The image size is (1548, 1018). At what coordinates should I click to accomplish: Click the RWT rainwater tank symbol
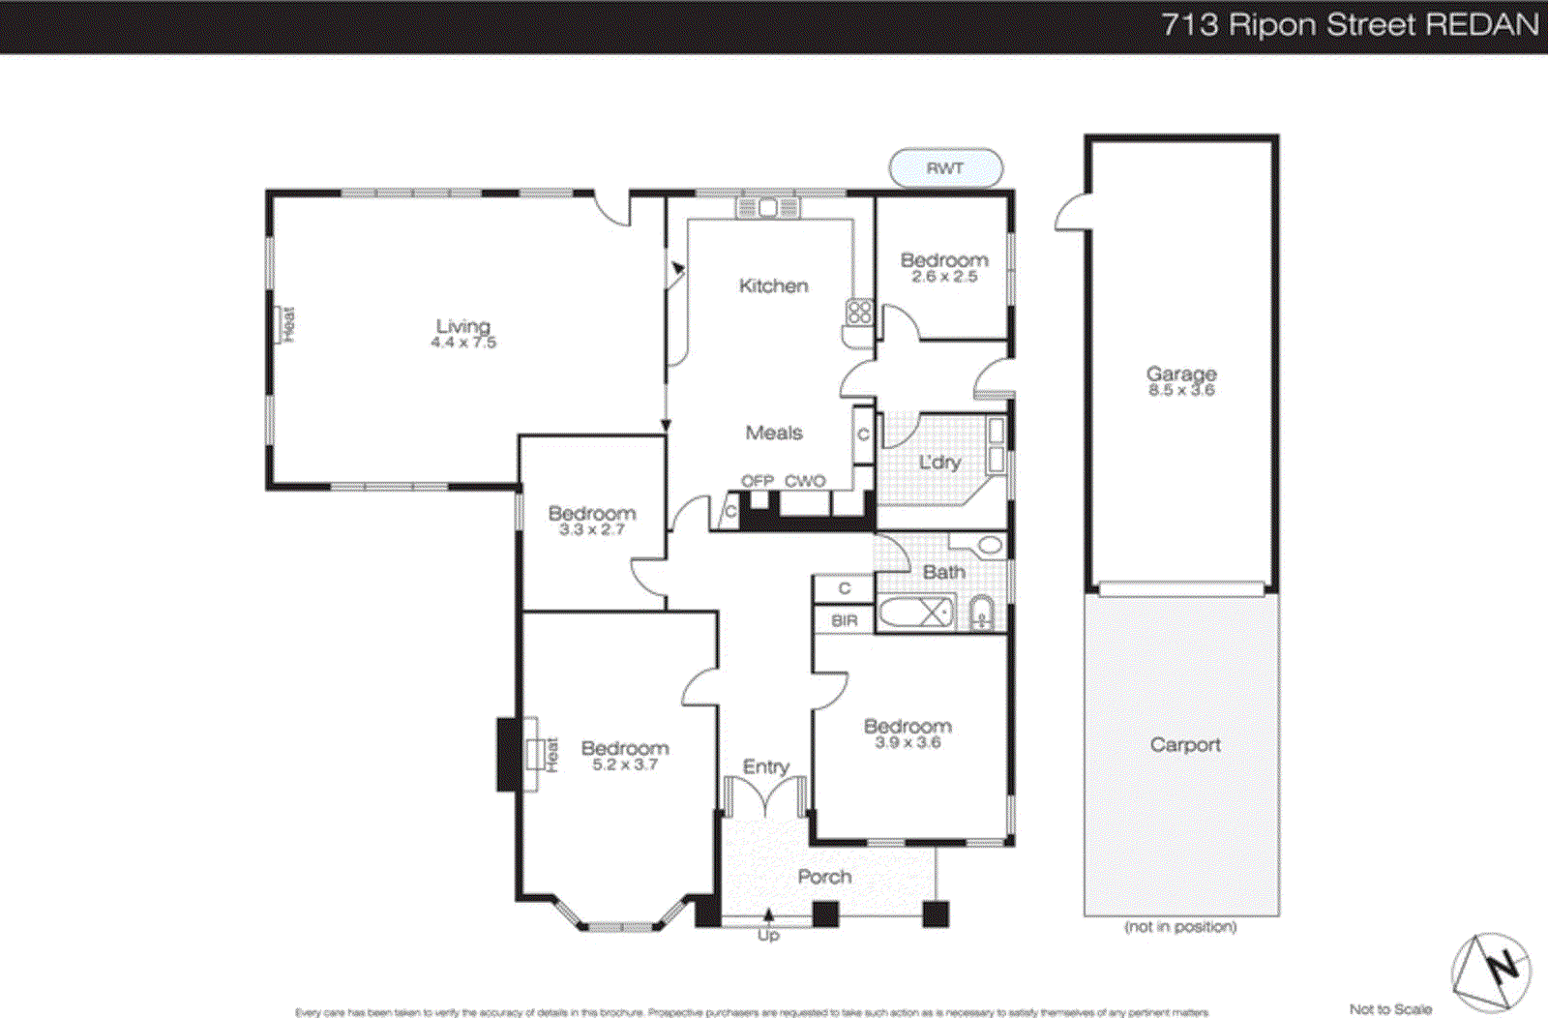tap(945, 167)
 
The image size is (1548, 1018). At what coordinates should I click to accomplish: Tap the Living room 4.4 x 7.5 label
tap(462, 333)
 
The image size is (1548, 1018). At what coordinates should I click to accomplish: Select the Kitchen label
tap(773, 285)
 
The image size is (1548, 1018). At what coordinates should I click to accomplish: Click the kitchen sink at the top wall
tap(767, 207)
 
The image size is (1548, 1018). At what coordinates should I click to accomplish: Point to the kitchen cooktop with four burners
tap(859, 312)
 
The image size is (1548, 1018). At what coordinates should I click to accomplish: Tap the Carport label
tap(1185, 744)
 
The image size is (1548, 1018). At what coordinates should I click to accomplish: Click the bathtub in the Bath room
tap(916, 613)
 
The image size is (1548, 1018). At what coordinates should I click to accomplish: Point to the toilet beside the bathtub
tap(981, 614)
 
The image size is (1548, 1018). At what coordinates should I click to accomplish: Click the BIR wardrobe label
tap(844, 620)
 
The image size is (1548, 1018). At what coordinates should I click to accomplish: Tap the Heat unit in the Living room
tap(286, 324)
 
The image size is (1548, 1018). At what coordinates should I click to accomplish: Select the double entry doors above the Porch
tap(765, 798)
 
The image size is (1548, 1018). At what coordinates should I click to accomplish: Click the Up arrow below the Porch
tap(768, 924)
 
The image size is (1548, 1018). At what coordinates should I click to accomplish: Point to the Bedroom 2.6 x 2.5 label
tap(944, 267)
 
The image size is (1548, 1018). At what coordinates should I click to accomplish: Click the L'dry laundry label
tap(939, 463)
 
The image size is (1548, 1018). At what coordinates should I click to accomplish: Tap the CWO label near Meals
tap(805, 481)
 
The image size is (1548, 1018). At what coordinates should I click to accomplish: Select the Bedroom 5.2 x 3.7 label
tap(625, 755)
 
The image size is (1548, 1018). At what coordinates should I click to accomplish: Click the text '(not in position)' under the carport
tap(1180, 926)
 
